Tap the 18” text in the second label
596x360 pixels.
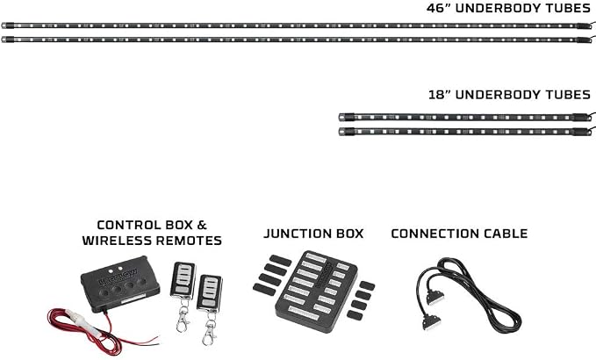coord(440,95)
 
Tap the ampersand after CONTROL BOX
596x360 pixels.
coord(202,225)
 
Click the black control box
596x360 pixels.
coord(120,284)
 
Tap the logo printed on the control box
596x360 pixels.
coord(119,277)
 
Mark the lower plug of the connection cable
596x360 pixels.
coord(431,322)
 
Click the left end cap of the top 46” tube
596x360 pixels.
coord(8,25)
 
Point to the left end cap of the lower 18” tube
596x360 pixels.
coord(347,132)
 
